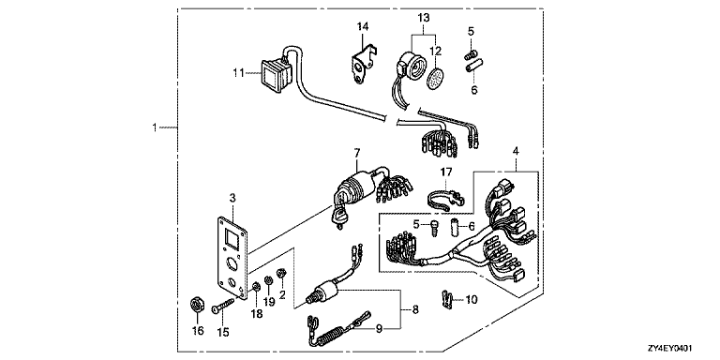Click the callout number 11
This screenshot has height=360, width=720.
tap(238, 72)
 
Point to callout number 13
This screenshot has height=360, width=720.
tap(424, 18)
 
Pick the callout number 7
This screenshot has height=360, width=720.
tap(356, 151)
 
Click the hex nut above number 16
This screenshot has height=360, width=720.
tap(198, 305)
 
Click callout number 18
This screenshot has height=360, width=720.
tap(256, 314)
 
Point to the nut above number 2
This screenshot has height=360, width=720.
tap(281, 274)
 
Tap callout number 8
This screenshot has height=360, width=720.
tap(415, 310)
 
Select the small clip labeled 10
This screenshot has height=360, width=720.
tap(445, 299)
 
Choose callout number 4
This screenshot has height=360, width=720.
tap(516, 151)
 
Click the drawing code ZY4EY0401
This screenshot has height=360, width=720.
tap(670, 349)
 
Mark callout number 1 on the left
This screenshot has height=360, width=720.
tap(155, 127)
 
